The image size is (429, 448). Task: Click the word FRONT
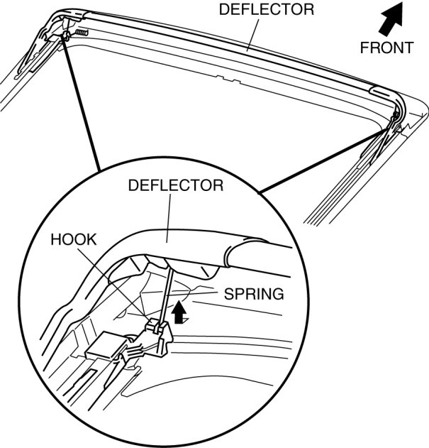[x=386, y=48]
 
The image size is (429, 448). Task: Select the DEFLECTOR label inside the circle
[x=175, y=186]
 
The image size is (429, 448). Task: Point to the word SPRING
[x=254, y=293]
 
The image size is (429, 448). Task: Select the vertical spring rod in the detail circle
[x=167, y=288]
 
